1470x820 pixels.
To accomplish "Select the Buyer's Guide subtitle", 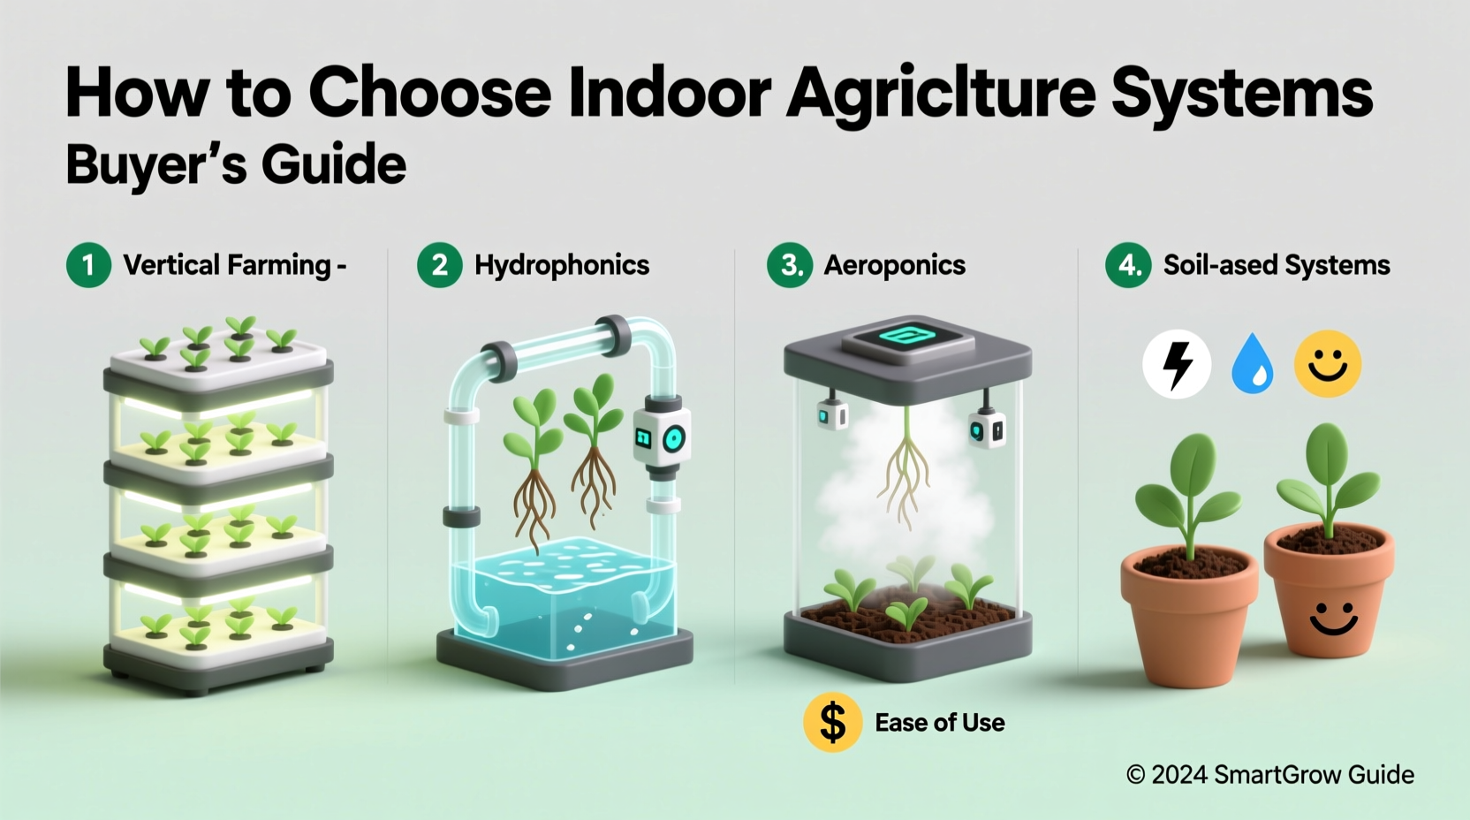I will pyautogui.click(x=236, y=164).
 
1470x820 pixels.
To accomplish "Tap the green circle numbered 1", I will pyautogui.click(x=88, y=265).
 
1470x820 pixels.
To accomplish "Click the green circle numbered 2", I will pyautogui.click(x=439, y=265).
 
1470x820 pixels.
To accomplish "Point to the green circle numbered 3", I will pyautogui.click(x=790, y=265).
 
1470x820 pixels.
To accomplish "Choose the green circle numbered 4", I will pyautogui.click(x=1128, y=265).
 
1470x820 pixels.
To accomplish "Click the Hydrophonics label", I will pyautogui.click(x=562, y=265).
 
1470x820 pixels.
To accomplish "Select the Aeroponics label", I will pyautogui.click(x=894, y=265).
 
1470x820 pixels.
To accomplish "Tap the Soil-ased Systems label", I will pyautogui.click(x=1276, y=265).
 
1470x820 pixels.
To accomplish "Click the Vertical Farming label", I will pyautogui.click(x=227, y=265).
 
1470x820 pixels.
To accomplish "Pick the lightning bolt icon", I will pyautogui.click(x=1176, y=364).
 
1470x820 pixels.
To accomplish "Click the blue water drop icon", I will pyautogui.click(x=1252, y=364).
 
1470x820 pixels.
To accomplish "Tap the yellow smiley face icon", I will pyautogui.click(x=1327, y=364).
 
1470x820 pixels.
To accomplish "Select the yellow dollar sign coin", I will pyautogui.click(x=832, y=722).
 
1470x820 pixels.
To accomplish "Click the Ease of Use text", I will pyautogui.click(x=939, y=723).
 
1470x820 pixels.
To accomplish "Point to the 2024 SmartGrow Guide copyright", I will pyautogui.click(x=1269, y=775).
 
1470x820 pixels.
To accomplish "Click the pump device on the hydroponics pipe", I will pyautogui.click(x=662, y=436).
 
